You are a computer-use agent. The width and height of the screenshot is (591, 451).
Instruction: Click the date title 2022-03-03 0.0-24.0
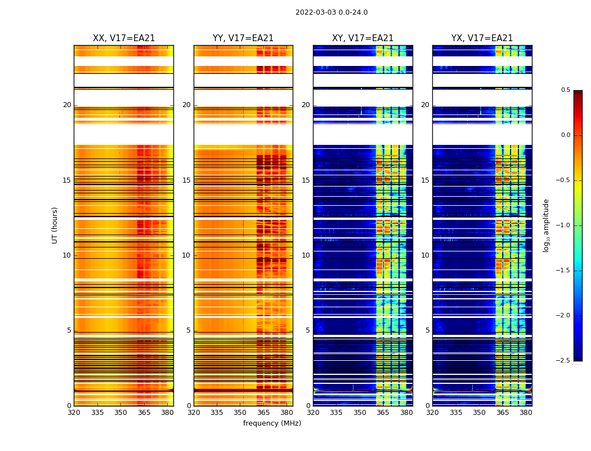[332, 12]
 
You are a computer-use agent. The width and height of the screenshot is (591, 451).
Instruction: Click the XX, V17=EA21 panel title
[124, 38]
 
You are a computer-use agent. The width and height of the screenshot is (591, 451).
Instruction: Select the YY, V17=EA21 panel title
[243, 38]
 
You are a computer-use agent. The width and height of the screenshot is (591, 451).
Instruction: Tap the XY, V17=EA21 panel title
[362, 38]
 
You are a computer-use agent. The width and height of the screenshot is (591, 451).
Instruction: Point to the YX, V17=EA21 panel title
[482, 38]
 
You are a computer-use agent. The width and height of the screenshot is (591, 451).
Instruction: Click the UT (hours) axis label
[55, 225]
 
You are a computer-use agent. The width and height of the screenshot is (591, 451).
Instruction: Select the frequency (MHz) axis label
[272, 423]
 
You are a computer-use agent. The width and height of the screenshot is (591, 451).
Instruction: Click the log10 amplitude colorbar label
[546, 225]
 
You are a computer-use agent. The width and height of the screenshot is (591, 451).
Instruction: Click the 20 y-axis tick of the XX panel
[67, 105]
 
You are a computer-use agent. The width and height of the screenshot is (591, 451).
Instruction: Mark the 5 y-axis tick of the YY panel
[189, 330]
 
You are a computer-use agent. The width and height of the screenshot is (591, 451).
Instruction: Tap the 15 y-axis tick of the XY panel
[306, 180]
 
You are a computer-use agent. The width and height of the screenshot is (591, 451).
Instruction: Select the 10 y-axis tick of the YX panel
[425, 255]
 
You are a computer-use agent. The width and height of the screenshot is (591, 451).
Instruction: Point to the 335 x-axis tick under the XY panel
[337, 412]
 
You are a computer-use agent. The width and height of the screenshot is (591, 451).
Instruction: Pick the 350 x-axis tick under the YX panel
[479, 412]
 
